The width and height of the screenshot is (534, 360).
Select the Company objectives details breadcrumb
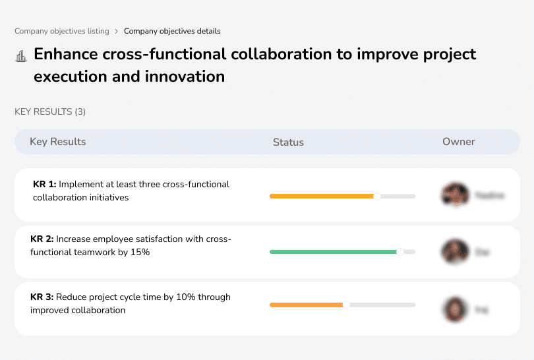point(172,31)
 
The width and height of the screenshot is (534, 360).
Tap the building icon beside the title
point(21,56)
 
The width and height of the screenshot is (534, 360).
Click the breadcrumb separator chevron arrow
point(116,31)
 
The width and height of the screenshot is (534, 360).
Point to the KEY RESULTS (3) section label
point(50,112)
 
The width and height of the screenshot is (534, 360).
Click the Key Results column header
point(57,142)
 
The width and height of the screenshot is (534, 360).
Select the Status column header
point(288,142)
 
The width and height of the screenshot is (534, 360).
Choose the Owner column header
point(458,142)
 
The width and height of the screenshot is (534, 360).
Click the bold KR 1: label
point(44,185)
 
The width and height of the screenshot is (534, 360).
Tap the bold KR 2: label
point(42,239)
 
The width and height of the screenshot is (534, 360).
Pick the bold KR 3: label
point(42,297)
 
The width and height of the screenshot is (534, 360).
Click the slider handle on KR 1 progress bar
point(377,196)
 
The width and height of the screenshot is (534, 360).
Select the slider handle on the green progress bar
point(400,252)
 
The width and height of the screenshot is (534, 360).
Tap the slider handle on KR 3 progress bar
point(346,305)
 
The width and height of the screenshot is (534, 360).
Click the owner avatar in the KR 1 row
point(454,195)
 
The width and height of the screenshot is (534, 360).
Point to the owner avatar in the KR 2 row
point(454,251)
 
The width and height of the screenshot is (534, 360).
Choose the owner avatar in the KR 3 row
point(454,308)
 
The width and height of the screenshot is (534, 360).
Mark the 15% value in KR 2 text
point(140,252)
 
